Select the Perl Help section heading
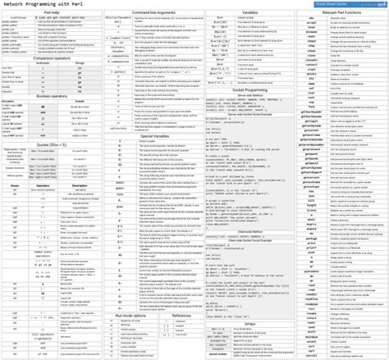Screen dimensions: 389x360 [52, 13]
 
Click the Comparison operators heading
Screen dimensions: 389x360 [52, 57]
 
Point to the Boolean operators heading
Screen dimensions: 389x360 [52, 96]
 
